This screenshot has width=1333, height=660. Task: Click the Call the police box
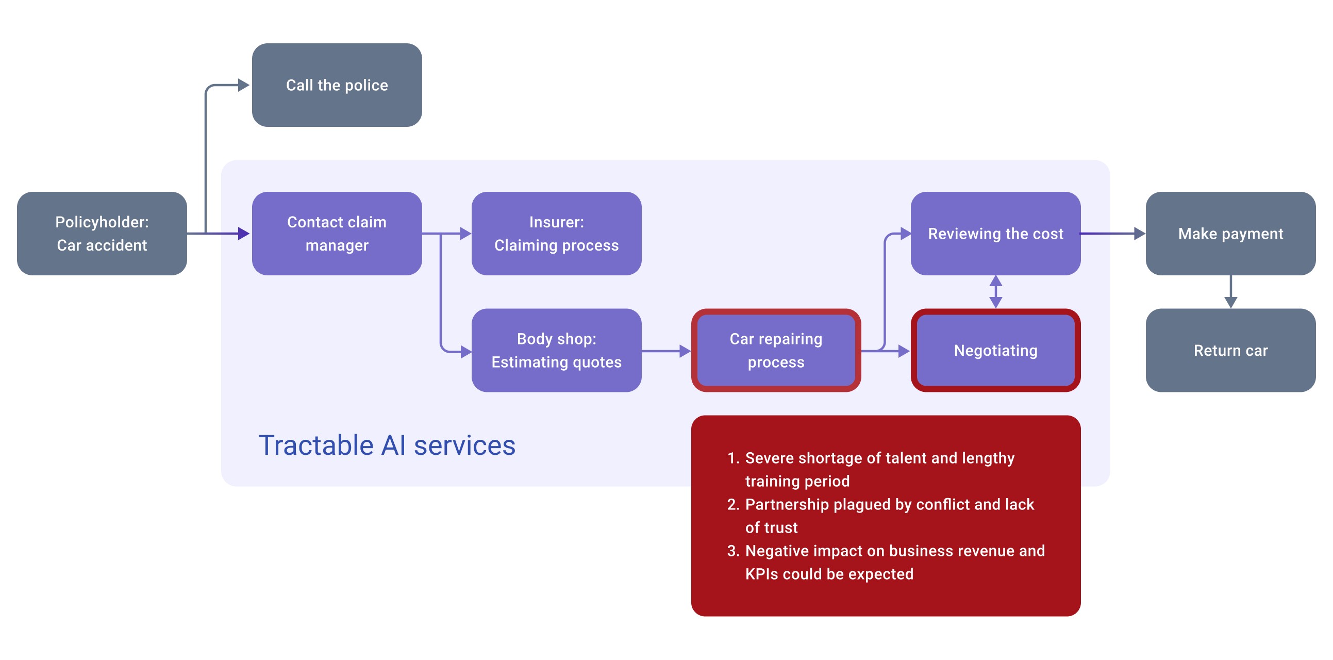pyautogui.click(x=337, y=85)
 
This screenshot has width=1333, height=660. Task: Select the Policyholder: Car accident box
pyautogui.click(x=102, y=234)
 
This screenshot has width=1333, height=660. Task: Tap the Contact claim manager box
pyautogui.click(x=337, y=234)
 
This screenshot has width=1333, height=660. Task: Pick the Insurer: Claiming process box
pyautogui.click(x=556, y=234)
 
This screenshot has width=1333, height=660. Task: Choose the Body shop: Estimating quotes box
pyautogui.click(x=556, y=351)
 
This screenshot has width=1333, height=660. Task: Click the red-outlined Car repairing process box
pyautogui.click(x=776, y=351)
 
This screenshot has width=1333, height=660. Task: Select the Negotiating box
pyautogui.click(x=995, y=351)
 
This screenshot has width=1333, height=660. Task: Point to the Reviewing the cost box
pyautogui.click(x=995, y=234)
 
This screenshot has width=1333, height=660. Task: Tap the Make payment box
pyautogui.click(x=1230, y=234)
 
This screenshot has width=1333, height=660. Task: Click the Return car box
pyautogui.click(x=1230, y=351)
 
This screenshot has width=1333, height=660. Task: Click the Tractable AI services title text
pyautogui.click(x=387, y=445)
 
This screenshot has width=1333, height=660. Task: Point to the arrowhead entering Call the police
pyautogui.click(x=243, y=85)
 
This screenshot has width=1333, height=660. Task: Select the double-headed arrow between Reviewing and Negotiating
pyautogui.click(x=995, y=292)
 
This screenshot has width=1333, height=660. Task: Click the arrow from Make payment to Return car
pyautogui.click(x=1230, y=292)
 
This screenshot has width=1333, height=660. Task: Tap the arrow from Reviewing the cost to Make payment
pyautogui.click(x=1112, y=234)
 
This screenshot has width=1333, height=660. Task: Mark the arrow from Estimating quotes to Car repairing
pyautogui.click(x=666, y=351)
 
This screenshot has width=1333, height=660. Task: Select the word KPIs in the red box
pyautogui.click(x=761, y=574)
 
